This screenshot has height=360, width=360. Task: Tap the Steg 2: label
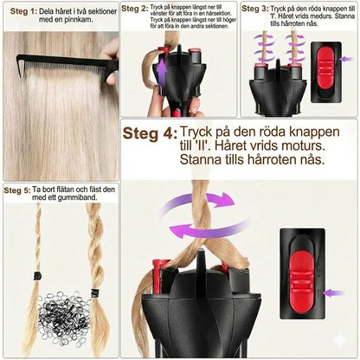tap(134, 10)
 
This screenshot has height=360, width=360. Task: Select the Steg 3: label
tap(254, 10)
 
